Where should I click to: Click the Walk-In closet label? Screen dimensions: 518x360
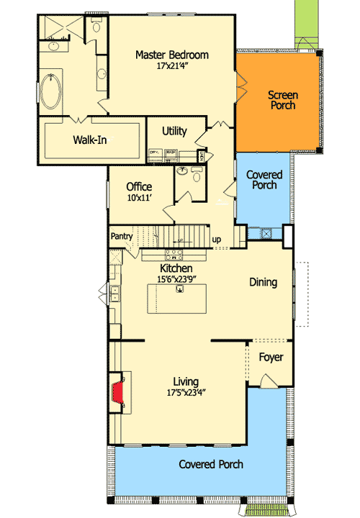[x=90, y=140]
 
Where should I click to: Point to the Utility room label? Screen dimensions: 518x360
[x=175, y=132]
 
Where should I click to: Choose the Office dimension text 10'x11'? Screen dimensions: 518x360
[x=139, y=199]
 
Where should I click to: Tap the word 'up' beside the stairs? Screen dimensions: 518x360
[x=216, y=240]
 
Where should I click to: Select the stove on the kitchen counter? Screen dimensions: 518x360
[x=174, y=253]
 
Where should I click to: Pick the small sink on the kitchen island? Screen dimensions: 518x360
[x=179, y=289]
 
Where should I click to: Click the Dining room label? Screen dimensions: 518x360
[x=263, y=283]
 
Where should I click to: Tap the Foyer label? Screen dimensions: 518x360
[x=271, y=358]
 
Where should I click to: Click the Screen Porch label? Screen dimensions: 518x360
[x=282, y=100]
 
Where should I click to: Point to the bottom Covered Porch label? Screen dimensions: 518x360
[x=211, y=465]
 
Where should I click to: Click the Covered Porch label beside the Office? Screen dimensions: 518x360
[x=264, y=181]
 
